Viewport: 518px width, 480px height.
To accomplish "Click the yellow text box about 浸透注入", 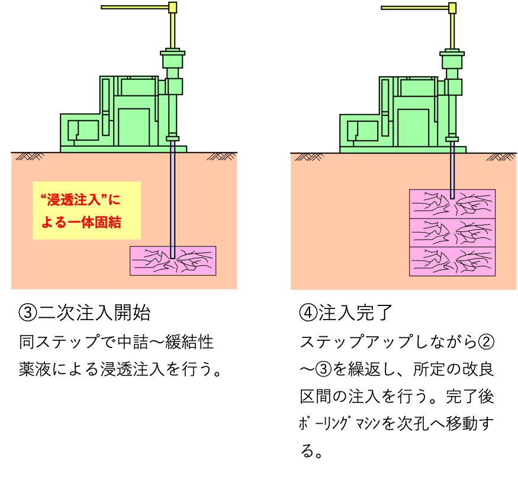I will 86,210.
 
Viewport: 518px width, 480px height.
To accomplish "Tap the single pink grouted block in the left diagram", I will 148,260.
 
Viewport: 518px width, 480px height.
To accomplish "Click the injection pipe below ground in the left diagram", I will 172,195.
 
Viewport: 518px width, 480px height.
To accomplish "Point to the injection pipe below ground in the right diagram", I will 452,172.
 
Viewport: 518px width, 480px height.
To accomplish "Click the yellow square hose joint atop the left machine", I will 172,8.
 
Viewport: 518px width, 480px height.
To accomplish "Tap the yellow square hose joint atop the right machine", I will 452,8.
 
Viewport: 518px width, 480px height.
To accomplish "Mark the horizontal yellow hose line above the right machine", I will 414,8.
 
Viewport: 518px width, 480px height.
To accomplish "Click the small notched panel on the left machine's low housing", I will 83,130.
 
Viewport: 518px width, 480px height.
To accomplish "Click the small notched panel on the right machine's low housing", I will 362,131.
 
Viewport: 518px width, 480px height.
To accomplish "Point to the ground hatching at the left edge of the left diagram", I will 30,156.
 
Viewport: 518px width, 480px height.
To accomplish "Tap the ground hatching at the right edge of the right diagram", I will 500,157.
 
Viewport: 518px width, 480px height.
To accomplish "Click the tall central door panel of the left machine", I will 134,127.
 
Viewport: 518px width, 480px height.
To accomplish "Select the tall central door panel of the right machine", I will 413,127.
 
